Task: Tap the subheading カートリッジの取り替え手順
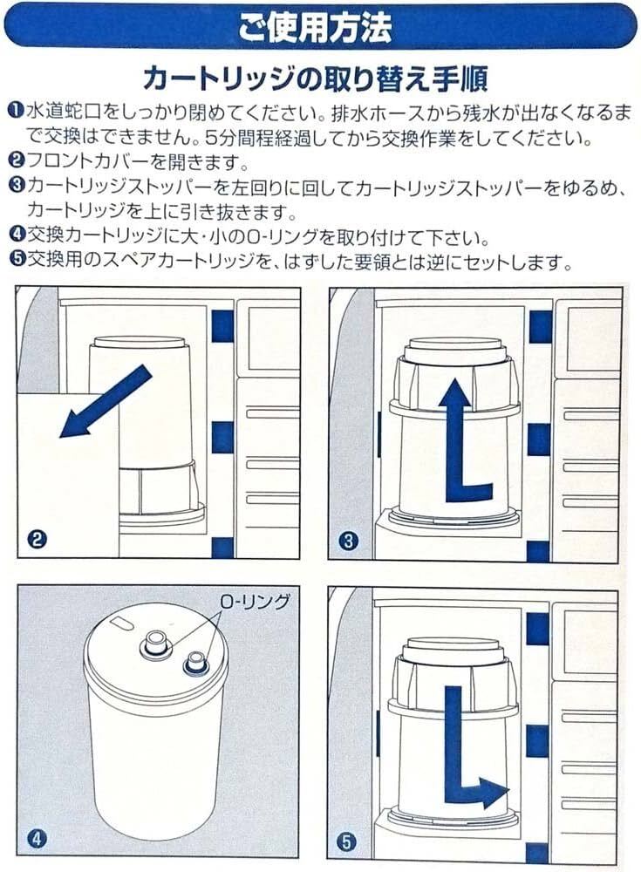point(315,78)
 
